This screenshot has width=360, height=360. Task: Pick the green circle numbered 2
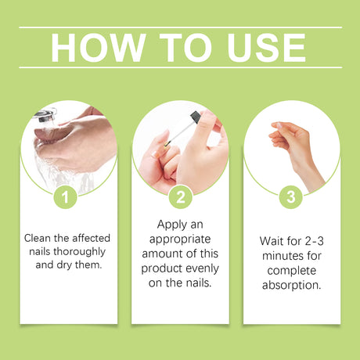pyautogui.click(x=180, y=197)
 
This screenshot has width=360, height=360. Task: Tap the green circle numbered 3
pyautogui.click(x=291, y=197)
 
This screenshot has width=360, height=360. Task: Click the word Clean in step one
pyautogui.click(x=38, y=237)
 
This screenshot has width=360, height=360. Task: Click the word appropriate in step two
pyautogui.click(x=180, y=238)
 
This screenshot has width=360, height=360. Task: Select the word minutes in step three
pyautogui.click(x=280, y=252)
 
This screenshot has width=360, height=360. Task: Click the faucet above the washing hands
pyautogui.click(x=45, y=115)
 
